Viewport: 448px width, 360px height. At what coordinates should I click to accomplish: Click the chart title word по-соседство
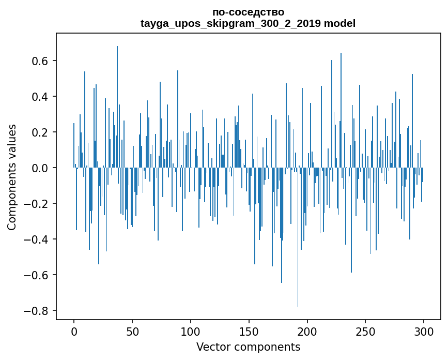248,12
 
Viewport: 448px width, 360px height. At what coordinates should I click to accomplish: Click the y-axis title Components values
12,177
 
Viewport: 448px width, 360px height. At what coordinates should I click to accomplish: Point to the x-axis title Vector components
248,347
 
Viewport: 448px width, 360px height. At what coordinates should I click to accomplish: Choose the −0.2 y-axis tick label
36,204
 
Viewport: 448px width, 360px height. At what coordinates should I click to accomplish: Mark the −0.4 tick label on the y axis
36,239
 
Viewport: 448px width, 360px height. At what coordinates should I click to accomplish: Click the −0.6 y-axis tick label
36,275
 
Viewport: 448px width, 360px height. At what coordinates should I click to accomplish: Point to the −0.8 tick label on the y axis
36,311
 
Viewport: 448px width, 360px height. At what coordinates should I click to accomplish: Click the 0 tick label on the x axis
74,331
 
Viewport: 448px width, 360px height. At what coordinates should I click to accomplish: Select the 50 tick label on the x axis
132,331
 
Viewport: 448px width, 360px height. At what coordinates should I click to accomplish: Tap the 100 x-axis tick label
191,331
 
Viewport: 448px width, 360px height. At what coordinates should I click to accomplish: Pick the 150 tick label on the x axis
249,331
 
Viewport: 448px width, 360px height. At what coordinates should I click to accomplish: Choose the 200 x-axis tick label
307,331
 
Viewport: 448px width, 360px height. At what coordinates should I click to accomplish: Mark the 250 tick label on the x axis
366,331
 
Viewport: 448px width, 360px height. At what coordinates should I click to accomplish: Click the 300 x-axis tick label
424,331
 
